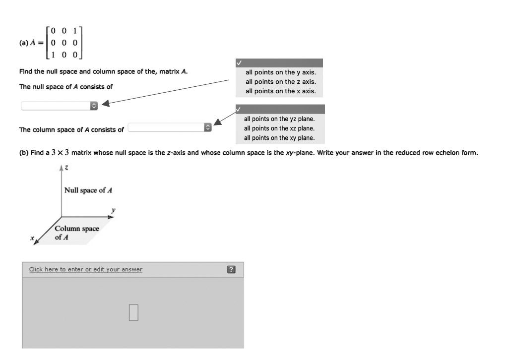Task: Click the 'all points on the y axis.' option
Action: coord(280,72)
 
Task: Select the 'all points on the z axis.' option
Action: coord(280,82)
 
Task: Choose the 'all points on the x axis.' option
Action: coord(280,91)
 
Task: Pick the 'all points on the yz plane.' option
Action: coord(279,119)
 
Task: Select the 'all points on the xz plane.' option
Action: coord(279,128)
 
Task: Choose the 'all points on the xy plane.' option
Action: coord(279,138)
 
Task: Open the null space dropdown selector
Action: coord(60,106)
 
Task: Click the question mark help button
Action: coord(231,270)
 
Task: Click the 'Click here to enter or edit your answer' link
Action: coord(85,269)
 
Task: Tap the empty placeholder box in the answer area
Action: coord(133,312)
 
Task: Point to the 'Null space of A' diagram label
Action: coord(88,190)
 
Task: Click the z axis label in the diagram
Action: coord(65,169)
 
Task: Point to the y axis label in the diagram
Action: coord(113,210)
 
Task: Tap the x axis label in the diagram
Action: coord(32,239)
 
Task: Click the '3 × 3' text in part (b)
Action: coord(60,153)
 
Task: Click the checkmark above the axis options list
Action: coord(239,63)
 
